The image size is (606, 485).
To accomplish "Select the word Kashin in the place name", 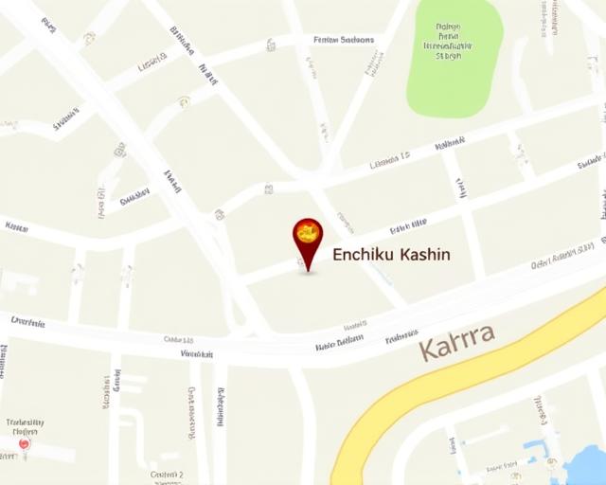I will click(426, 255).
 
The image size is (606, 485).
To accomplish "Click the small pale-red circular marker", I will click(25, 443).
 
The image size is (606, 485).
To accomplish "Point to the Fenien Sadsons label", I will click(343, 41).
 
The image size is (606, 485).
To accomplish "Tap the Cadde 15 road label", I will click(179, 339).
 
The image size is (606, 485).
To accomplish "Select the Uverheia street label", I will click(27, 321).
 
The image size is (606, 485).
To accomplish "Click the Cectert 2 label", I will click(166, 474).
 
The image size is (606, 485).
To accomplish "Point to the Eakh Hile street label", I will click(408, 225).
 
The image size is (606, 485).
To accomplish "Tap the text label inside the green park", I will click(448, 43).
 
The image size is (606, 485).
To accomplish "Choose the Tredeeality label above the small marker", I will click(25, 422).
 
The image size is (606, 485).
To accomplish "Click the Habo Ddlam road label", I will click(339, 343).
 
